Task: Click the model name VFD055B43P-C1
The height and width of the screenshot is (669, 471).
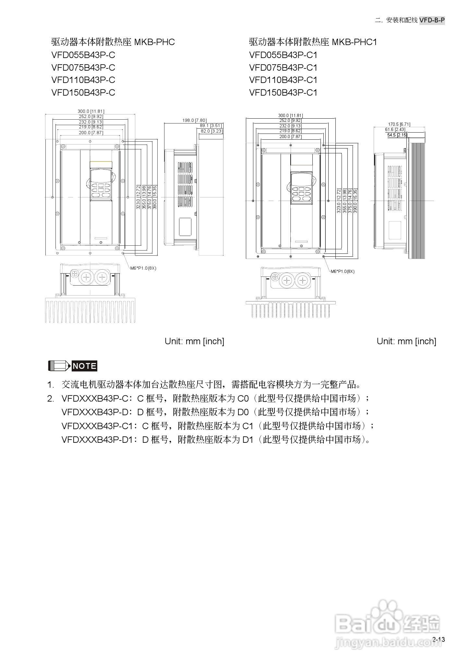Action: point(283,55)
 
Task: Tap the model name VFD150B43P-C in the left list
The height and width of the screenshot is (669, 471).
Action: point(83,93)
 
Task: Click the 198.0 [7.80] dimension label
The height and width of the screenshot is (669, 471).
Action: point(194,120)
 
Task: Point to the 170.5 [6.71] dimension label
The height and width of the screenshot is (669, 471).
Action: point(399,124)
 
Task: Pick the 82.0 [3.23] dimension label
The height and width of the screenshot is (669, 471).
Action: point(211,131)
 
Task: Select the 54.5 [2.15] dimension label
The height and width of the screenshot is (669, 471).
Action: point(397,135)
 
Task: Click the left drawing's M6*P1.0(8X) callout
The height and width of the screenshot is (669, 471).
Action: point(143,268)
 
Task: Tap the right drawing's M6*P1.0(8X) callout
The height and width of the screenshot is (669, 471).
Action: point(343,271)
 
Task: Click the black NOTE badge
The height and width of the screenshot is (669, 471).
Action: point(84,366)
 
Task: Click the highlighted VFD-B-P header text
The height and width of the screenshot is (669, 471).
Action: point(432,20)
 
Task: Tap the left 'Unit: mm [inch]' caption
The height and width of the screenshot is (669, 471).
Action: point(194,341)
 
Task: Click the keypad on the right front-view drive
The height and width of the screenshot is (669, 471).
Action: point(301,188)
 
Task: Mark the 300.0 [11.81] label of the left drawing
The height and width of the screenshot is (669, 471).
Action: point(91,111)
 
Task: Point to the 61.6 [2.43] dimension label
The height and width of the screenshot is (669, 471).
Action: point(395,130)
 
